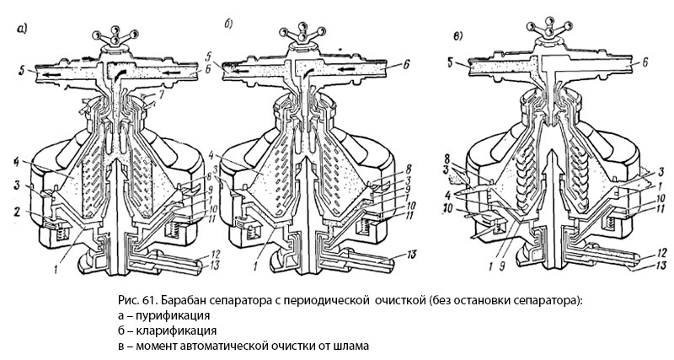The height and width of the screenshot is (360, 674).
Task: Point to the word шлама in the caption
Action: point(350,347)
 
